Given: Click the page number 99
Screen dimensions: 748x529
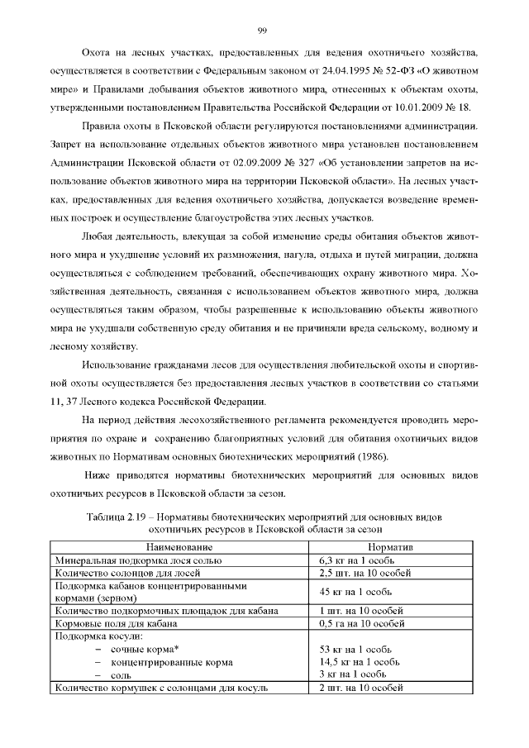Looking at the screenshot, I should (262, 31).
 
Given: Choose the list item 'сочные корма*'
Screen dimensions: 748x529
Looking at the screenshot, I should (145, 650).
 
